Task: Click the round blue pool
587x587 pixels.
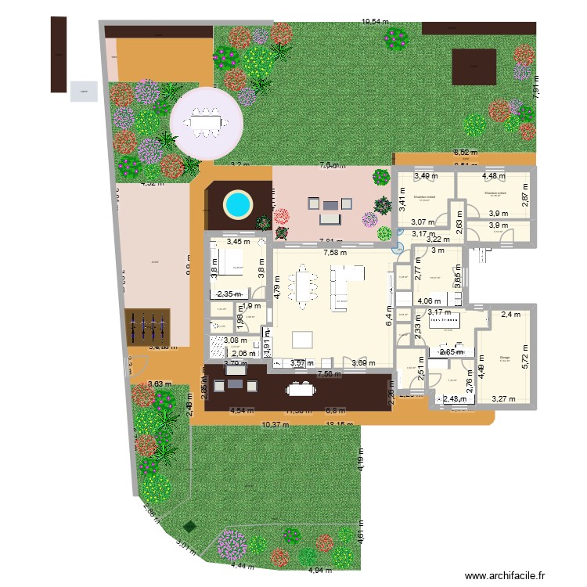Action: pos(238,205)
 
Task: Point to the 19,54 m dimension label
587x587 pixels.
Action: pos(375,23)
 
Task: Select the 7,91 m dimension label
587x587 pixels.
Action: pos(535,86)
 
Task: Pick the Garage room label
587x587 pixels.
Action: pos(505,357)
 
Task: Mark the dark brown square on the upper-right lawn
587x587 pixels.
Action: pos(474,67)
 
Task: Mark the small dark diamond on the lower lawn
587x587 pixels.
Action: pos(188,527)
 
